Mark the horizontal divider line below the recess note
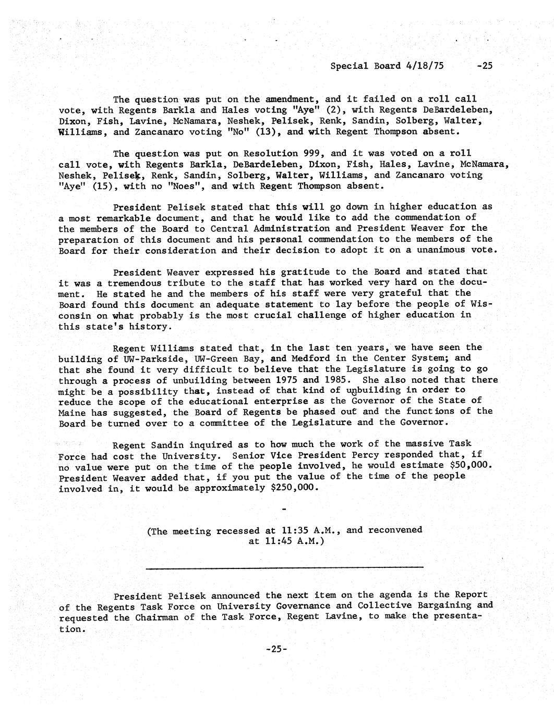pyautogui.click(x=284, y=567)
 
